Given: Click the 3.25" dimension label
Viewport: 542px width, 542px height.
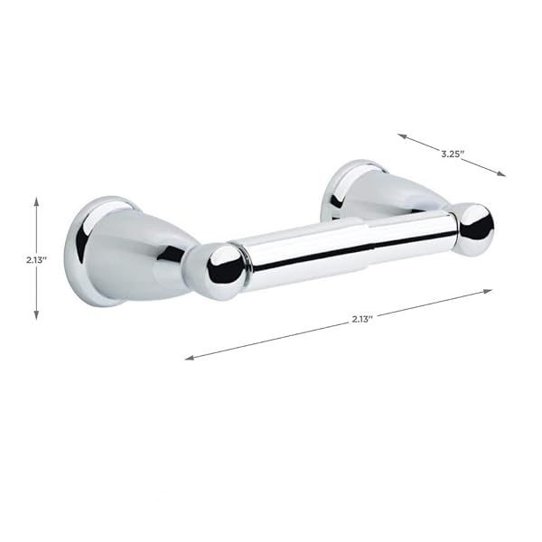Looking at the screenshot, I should click(453, 154).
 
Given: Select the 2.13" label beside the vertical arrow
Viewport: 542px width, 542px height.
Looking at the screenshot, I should click(36, 258).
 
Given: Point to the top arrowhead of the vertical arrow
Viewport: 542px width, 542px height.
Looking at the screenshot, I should click(36, 201).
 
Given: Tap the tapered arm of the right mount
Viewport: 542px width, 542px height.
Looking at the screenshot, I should click(397, 197).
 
